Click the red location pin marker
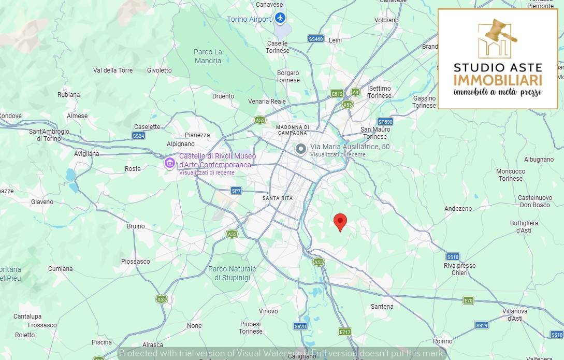click(340, 222)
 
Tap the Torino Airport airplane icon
click(280, 19)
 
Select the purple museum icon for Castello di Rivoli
click(169, 163)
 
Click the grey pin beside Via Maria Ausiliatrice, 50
click(301, 149)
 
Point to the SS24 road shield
click(138, 136)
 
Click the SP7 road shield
click(236, 191)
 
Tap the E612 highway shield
click(337, 93)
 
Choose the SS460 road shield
click(315, 39)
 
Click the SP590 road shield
click(385, 122)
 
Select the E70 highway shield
click(468, 300)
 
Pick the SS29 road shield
click(482, 325)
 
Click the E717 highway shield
click(345, 331)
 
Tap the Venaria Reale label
click(267, 102)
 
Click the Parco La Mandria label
click(208, 56)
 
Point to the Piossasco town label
click(135, 262)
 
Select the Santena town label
click(382, 307)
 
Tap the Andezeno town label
click(458, 209)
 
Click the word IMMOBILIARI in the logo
click(498, 80)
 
